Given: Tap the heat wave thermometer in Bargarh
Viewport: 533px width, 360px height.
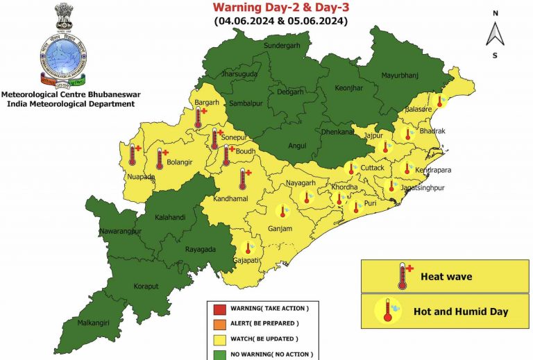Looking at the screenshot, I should click(200, 118).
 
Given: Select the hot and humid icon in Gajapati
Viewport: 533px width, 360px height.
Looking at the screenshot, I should click(248, 248).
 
